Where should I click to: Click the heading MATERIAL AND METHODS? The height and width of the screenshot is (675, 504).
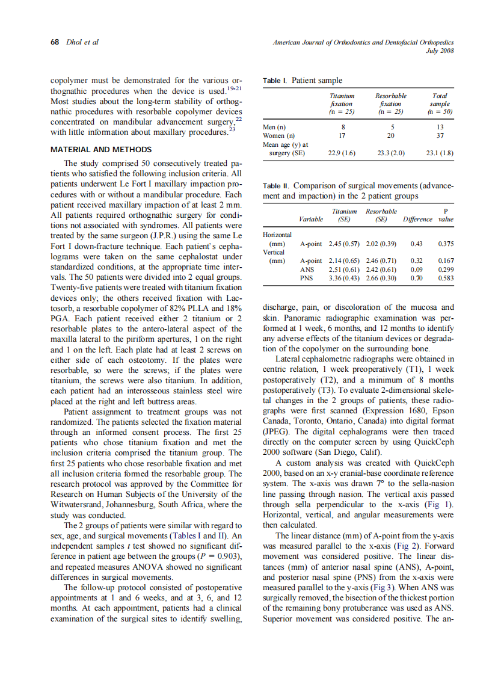coord(101,149)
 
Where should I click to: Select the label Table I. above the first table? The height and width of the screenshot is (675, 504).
coord(276,81)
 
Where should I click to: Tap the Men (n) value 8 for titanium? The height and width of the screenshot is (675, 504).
coord(342,128)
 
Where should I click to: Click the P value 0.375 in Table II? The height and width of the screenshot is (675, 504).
coord(446,244)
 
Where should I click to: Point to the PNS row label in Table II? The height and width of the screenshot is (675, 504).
coord(306,279)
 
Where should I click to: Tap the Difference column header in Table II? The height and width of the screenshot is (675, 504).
coord(417,220)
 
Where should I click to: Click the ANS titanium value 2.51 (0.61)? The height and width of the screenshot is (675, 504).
coord(344,270)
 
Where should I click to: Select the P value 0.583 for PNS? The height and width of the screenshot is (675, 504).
coord(446,279)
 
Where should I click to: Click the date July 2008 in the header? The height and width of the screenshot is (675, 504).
coord(439,51)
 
